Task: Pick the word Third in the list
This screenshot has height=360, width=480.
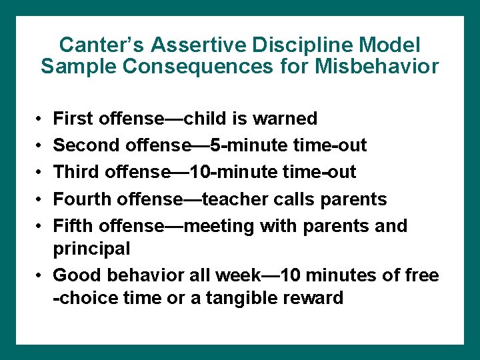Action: pyautogui.click(x=74, y=172)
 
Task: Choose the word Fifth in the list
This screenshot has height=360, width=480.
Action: pyautogui.click(x=72, y=225)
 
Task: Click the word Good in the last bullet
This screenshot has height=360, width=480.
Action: pyautogui.click(x=73, y=275)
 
